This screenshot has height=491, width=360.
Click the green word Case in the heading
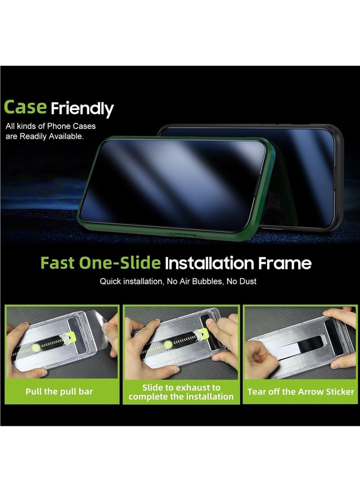click(x=25, y=107)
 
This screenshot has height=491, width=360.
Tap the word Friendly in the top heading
click(x=82, y=109)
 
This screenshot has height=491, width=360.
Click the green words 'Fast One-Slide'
click(x=100, y=263)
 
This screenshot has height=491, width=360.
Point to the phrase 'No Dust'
click(x=243, y=282)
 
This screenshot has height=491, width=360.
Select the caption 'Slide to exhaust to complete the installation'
click(x=181, y=392)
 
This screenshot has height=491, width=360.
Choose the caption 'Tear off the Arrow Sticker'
click(x=301, y=392)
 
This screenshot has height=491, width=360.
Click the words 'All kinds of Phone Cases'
click(x=50, y=126)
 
